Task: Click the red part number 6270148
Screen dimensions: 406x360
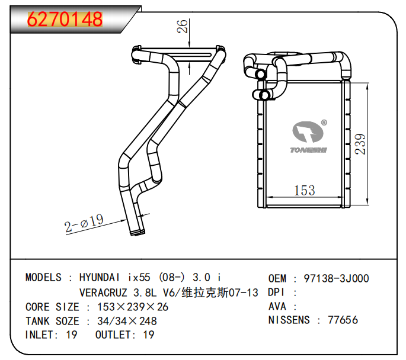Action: click(x=65, y=19)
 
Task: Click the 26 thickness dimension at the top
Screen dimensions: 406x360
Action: click(x=183, y=26)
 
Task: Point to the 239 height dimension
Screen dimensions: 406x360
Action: click(x=360, y=144)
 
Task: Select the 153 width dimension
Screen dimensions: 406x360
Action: click(x=305, y=190)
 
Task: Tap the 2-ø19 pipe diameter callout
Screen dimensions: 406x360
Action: click(x=84, y=223)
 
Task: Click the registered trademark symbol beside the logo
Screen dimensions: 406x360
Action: click(x=324, y=123)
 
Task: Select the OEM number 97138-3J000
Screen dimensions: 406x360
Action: click(x=336, y=278)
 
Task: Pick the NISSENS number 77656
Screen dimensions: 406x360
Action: click(x=343, y=320)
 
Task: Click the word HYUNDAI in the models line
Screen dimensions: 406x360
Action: click(x=100, y=278)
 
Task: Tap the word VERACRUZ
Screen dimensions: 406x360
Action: click(x=103, y=292)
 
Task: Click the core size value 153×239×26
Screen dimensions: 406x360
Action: click(x=133, y=307)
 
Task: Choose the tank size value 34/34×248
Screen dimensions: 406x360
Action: click(x=127, y=321)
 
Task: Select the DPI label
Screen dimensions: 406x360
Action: click(x=276, y=292)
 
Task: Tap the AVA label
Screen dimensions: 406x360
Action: click(x=277, y=307)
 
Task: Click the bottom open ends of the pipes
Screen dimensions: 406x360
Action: click(x=138, y=232)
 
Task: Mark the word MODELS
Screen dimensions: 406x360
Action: click(x=43, y=278)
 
